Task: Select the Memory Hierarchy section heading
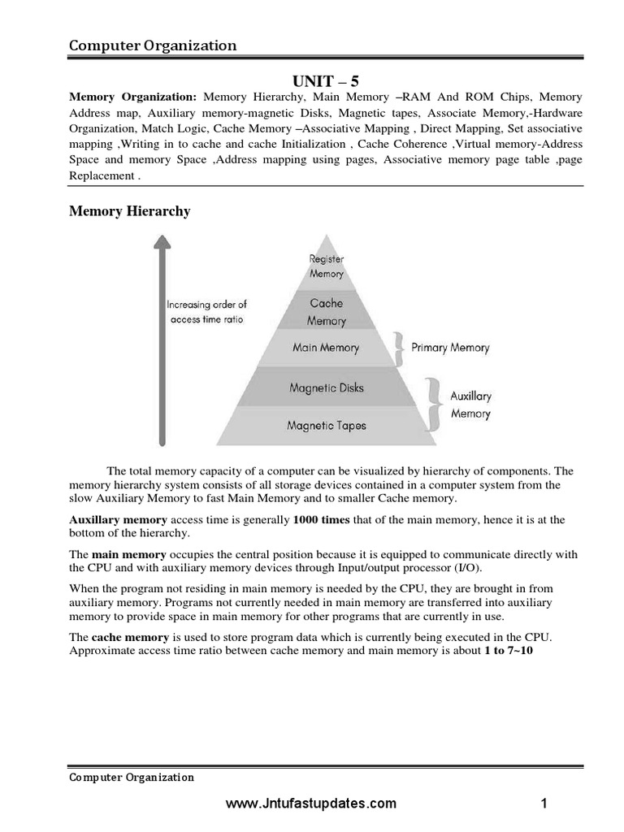tap(130, 211)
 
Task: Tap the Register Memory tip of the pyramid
tap(327, 266)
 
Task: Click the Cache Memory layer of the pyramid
tap(327, 311)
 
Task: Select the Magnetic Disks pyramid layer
tap(327, 388)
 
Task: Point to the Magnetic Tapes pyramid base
tap(327, 425)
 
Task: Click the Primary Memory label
tap(450, 348)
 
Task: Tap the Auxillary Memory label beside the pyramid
tap(470, 405)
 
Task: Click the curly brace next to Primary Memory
tap(399, 347)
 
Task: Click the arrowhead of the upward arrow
tap(162, 241)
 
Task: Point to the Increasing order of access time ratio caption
tap(206, 312)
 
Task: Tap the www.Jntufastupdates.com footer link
tap(311, 804)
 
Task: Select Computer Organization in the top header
tap(153, 45)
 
